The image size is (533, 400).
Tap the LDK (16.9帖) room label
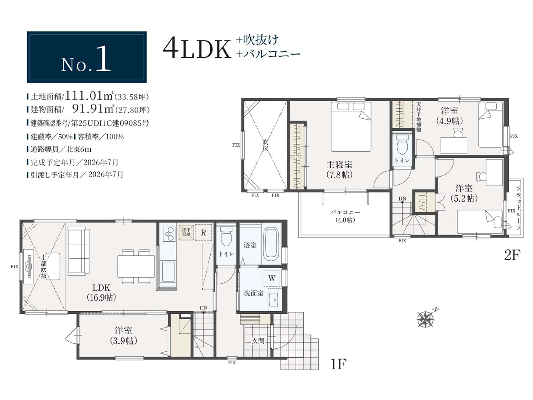coord(101,292)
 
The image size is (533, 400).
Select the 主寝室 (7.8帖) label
coord(339,170)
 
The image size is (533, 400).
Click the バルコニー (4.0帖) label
coord(345,216)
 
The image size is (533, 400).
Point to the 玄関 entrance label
coord(258,341)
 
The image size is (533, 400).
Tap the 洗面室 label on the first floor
coord(254,293)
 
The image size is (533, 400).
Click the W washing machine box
coord(272,278)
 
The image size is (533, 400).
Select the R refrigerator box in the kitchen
coord(203,232)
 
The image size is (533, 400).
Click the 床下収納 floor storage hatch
coord(186,232)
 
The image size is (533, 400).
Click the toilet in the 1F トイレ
coord(226,236)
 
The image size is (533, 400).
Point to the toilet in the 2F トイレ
coord(403,144)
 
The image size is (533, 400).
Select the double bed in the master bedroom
coord(351,127)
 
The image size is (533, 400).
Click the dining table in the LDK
coord(136,266)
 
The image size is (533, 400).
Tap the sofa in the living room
coord(78,251)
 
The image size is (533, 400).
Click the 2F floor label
coord(512,255)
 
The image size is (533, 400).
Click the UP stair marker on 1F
coord(204,308)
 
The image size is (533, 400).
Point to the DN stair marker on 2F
coord(402,199)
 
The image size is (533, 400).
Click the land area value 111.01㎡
coord(89,96)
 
